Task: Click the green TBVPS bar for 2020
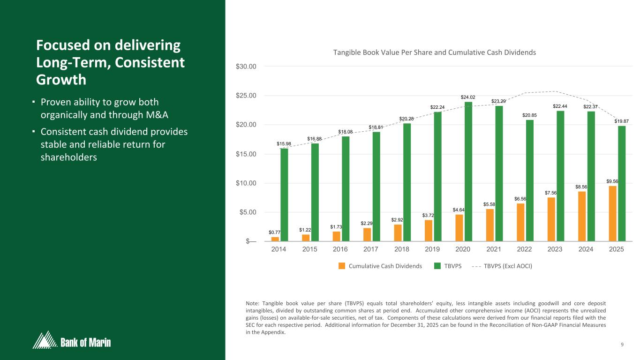468,172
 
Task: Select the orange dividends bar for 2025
612,214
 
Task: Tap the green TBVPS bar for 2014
284,195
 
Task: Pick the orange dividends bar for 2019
429,231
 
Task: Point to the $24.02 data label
468,97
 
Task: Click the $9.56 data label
612,181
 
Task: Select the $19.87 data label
622,121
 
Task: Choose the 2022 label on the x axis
524,249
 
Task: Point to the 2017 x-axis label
371,249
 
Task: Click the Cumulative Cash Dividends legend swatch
342,266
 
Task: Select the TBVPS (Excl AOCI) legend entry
508,266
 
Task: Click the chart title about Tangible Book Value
434,52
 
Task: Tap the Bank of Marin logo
72,340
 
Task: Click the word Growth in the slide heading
61,80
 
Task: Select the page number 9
622,345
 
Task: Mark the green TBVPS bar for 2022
529,180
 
